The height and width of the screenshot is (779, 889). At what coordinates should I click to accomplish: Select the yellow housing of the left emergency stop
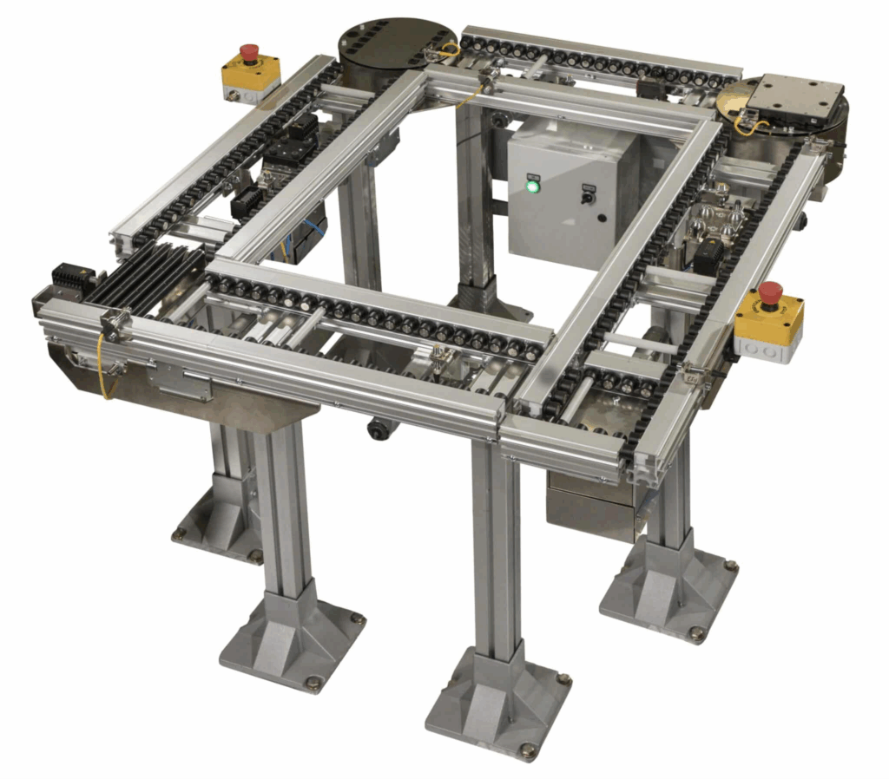click(251, 75)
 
